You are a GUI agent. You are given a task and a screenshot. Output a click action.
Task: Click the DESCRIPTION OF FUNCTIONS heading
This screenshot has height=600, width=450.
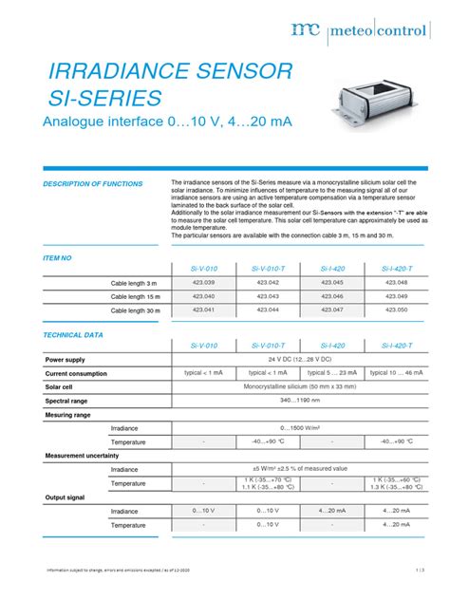93,183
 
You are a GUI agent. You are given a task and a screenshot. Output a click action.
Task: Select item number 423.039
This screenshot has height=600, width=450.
203,283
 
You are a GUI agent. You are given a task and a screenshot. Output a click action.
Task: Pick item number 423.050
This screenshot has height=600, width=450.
396,309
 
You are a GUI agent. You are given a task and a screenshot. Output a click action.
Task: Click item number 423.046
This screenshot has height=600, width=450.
332,296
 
